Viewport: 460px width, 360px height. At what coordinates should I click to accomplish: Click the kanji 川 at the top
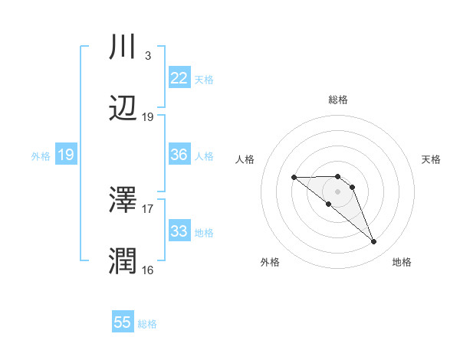point(123,47)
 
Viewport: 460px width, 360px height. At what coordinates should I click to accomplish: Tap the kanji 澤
point(123,200)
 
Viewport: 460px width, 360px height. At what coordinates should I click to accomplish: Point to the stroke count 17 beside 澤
point(148,208)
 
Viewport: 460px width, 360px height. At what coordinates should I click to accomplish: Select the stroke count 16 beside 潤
point(148,270)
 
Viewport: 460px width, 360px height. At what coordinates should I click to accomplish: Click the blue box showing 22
point(179,78)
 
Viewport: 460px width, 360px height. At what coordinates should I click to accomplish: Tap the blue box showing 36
point(179,155)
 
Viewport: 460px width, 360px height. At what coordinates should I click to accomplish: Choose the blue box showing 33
point(179,231)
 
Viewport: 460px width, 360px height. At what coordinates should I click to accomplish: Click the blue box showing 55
point(123,322)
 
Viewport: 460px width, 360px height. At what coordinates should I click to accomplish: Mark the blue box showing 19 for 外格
point(66,155)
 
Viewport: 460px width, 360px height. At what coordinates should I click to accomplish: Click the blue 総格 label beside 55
point(147,324)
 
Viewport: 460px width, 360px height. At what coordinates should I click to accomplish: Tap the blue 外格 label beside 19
point(41,156)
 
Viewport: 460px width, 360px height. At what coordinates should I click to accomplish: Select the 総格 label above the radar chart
point(338,100)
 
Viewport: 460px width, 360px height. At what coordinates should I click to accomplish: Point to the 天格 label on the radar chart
point(431,159)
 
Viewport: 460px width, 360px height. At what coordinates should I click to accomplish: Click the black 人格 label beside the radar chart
point(245,159)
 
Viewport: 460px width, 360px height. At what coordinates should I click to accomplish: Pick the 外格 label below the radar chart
point(270,263)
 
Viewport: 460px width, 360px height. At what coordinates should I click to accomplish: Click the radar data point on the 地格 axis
point(374,242)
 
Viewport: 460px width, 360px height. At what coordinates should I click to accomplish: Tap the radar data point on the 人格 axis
point(294,178)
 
